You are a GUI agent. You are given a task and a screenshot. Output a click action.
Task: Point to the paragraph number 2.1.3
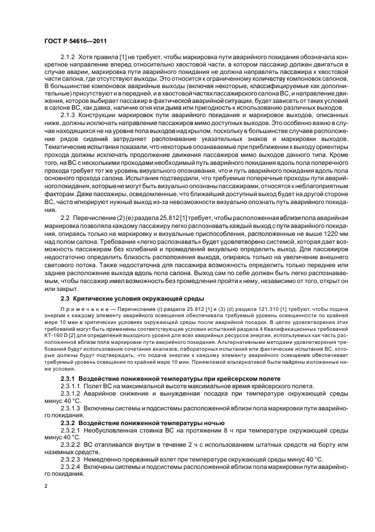click(x=69, y=114)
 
